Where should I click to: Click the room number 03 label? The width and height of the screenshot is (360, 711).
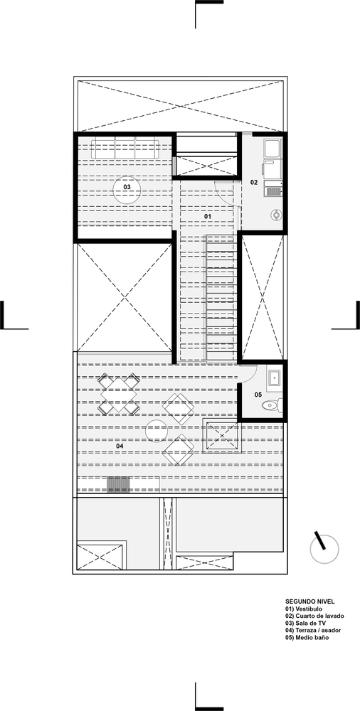[127, 188]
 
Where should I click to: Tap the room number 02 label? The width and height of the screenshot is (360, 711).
[253, 183]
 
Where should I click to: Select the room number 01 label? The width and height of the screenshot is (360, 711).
[208, 215]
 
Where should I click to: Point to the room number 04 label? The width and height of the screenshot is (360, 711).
[110, 446]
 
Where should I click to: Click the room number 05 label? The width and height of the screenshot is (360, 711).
[258, 394]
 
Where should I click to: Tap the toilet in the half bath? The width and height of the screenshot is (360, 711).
[271, 406]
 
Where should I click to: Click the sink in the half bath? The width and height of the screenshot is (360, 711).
[274, 376]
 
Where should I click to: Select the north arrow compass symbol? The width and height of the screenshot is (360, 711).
[324, 548]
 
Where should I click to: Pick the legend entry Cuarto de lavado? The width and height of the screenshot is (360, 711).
[314, 615]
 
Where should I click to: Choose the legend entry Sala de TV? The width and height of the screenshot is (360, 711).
[306, 623]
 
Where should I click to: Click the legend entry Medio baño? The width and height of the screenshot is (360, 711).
[307, 637]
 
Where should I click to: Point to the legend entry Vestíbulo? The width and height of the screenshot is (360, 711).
[304, 609]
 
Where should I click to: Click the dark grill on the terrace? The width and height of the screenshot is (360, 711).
[119, 484]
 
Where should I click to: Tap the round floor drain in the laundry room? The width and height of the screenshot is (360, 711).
[276, 215]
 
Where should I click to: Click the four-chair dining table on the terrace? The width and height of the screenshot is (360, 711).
[119, 395]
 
